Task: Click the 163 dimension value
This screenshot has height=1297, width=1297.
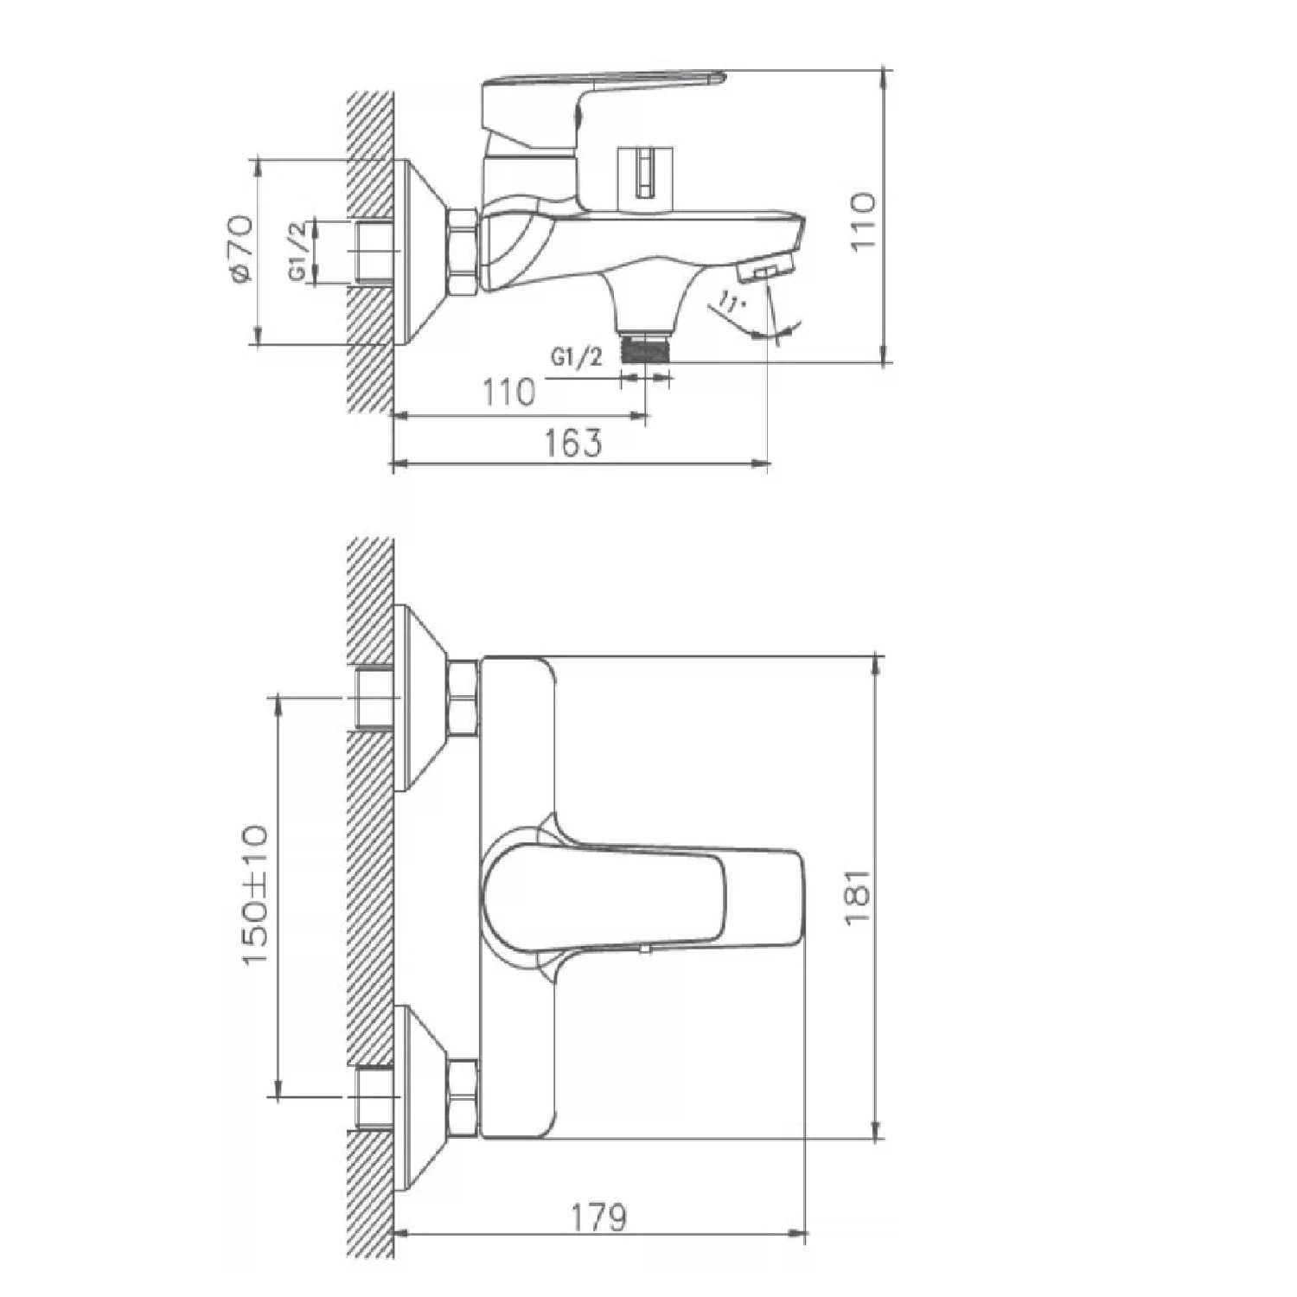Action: pos(572,443)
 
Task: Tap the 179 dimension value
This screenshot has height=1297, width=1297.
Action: pos(598,1217)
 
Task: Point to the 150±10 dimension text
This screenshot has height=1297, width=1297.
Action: pos(255,896)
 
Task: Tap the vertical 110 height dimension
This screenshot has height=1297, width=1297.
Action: pos(862,222)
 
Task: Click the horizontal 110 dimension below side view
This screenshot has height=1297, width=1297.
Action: pos(508,393)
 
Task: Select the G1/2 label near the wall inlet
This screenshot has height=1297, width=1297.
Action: pos(297,251)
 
